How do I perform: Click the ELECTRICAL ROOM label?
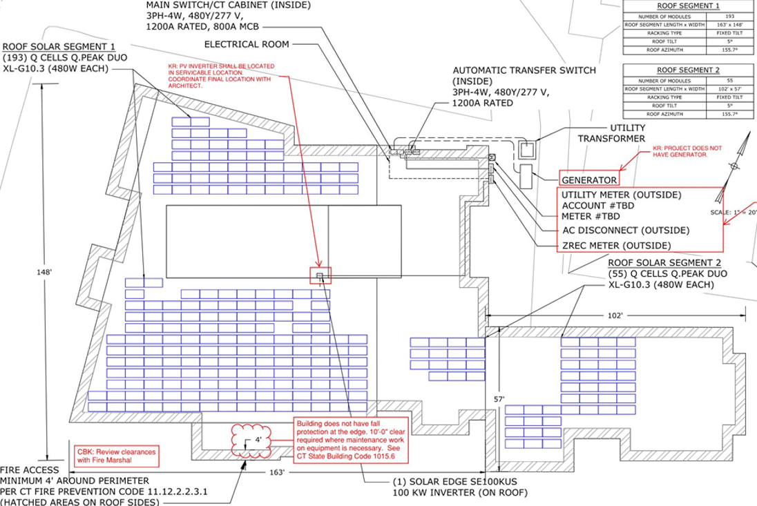pos(247,45)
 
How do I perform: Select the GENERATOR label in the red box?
pos(588,180)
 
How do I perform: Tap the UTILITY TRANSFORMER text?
pos(611,133)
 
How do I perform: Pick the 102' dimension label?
pos(615,315)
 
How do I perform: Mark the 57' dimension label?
pos(499,399)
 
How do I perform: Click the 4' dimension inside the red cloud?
pos(257,439)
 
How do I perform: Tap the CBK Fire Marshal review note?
pos(116,456)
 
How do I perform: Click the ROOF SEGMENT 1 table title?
pos(679,6)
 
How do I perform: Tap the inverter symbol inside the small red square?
pos(320,276)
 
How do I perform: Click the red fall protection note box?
pos(351,440)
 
